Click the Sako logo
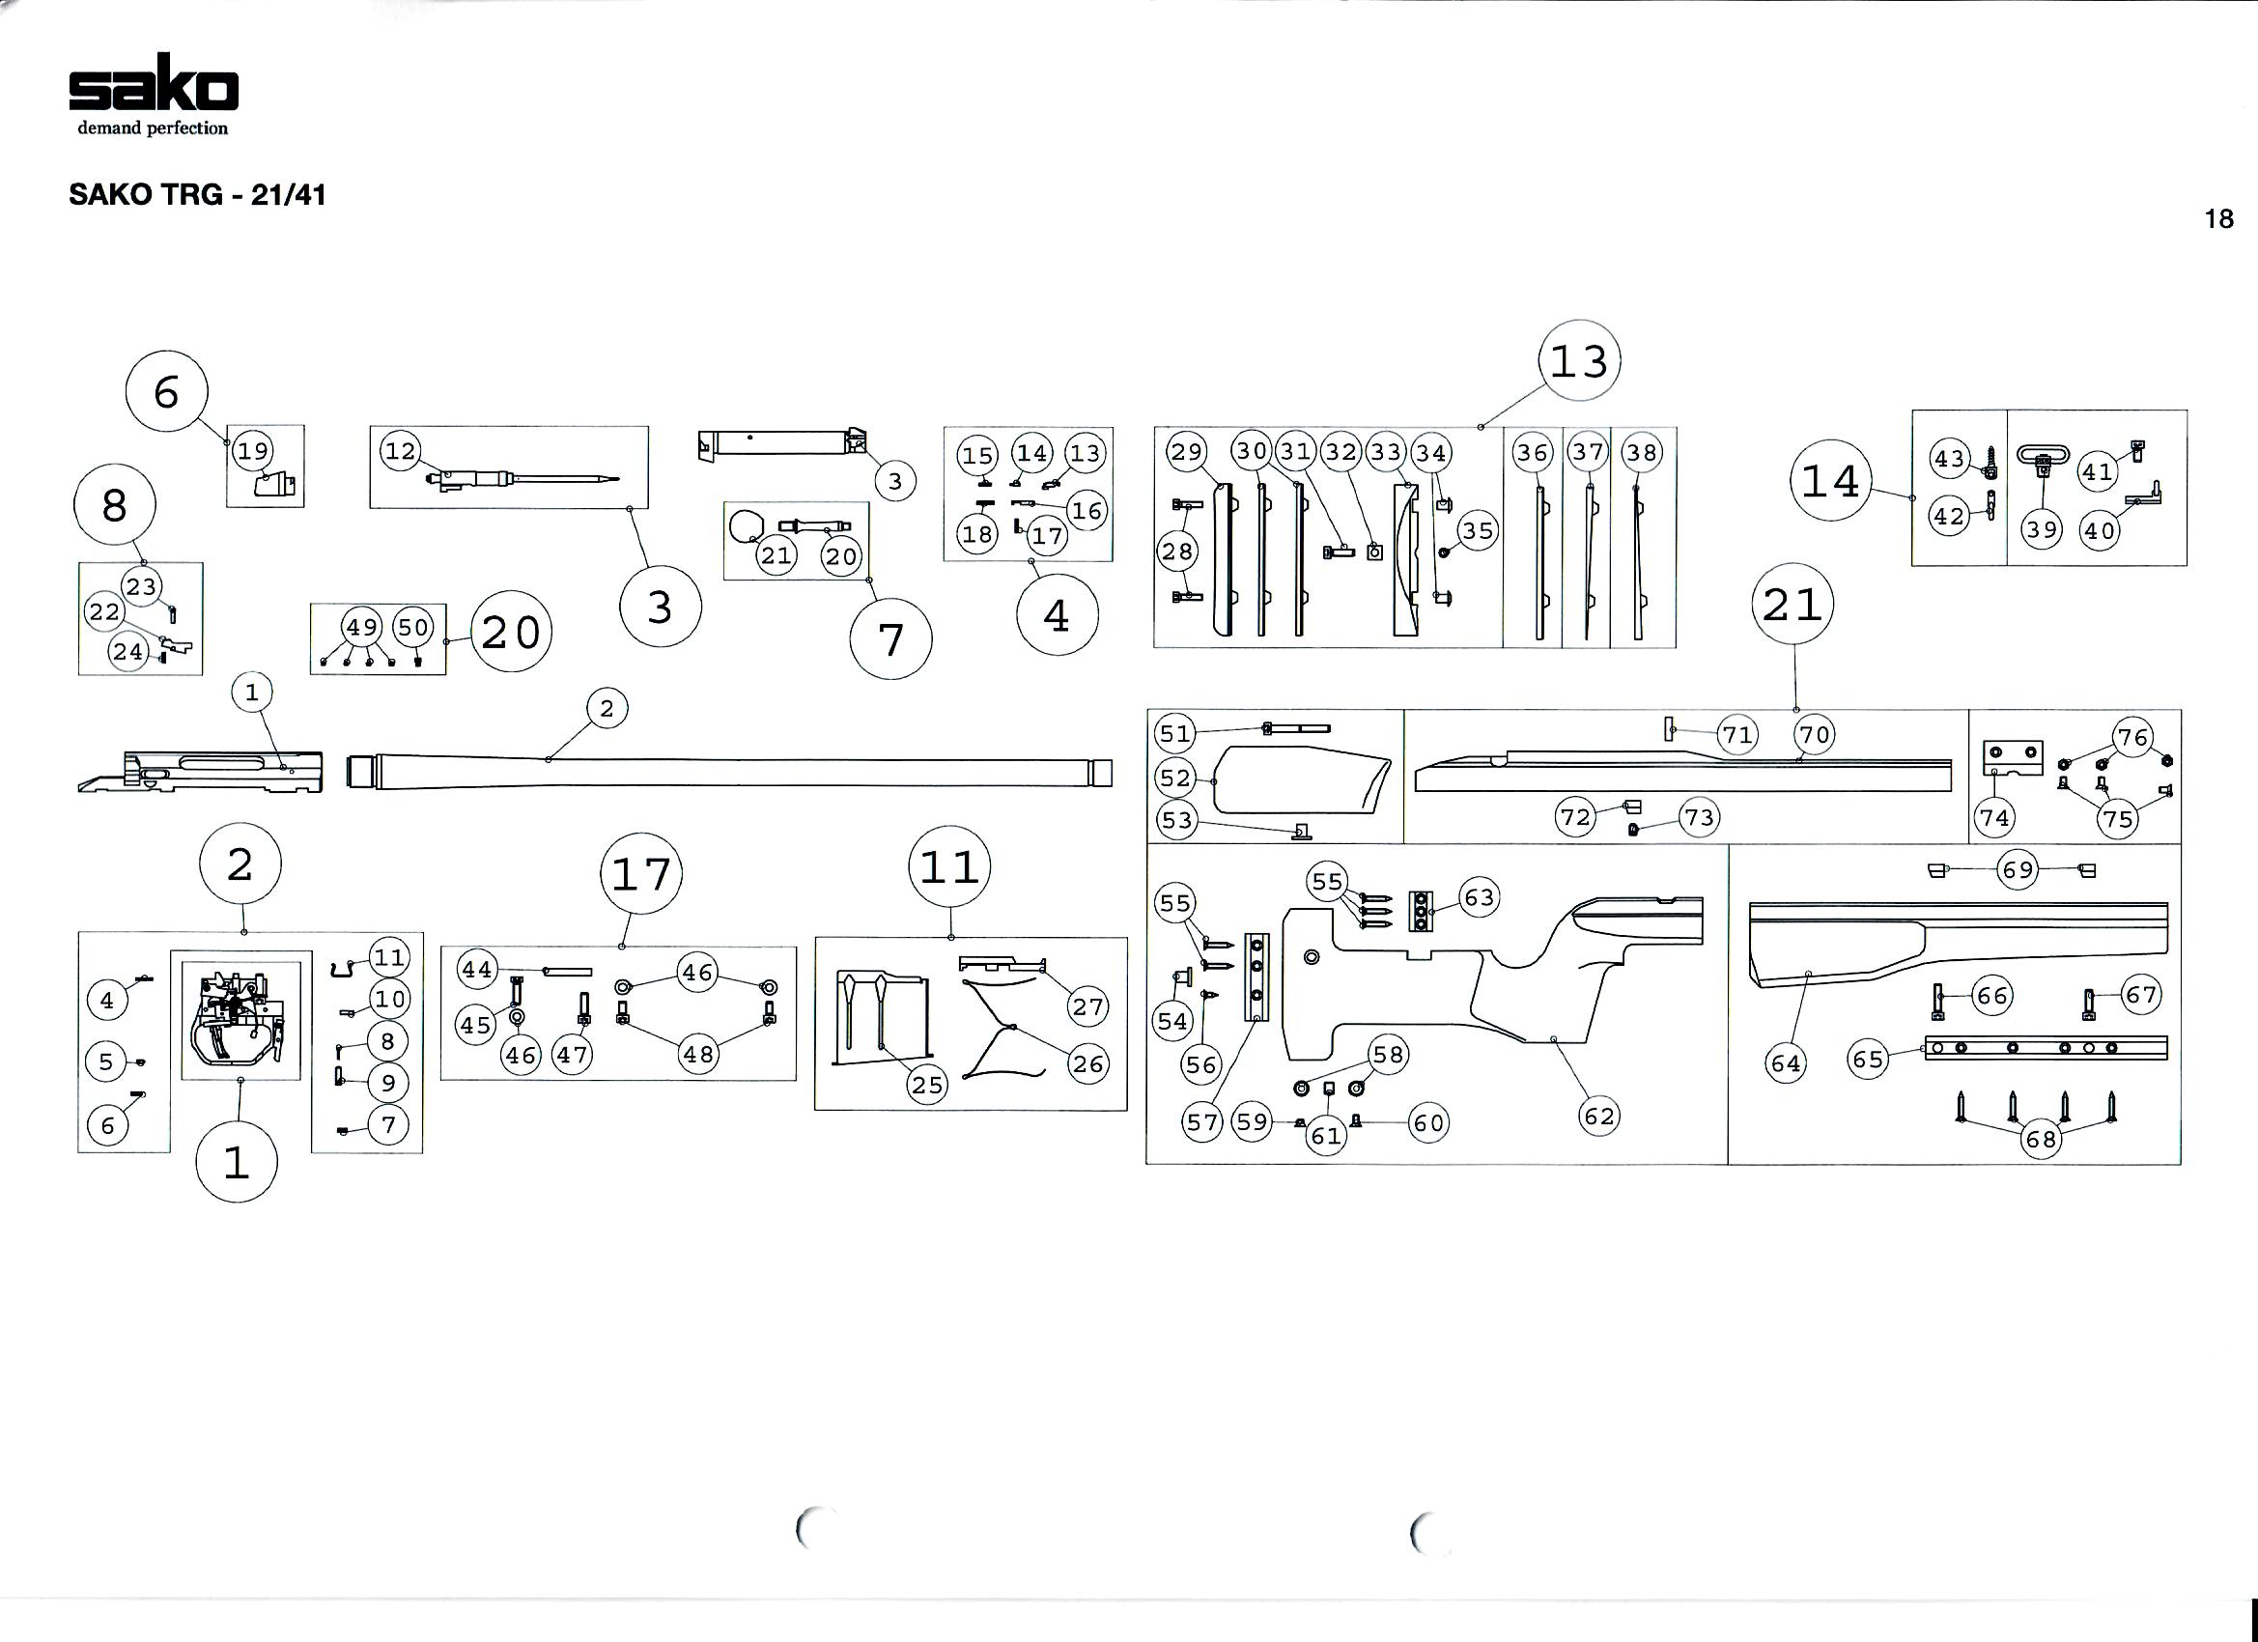point(154,84)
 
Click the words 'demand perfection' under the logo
point(154,128)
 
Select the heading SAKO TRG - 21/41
point(197,194)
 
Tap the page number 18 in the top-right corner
point(2219,219)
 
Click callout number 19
point(253,450)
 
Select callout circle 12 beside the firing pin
point(400,451)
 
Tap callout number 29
point(1187,452)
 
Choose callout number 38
point(1641,453)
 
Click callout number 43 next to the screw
point(1948,459)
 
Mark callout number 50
point(413,627)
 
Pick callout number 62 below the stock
point(1599,1117)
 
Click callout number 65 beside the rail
point(1869,1059)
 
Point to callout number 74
point(1994,818)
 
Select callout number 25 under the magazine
point(927,1086)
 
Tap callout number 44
point(477,969)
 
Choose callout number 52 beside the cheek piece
point(1175,777)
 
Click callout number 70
point(1815,735)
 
